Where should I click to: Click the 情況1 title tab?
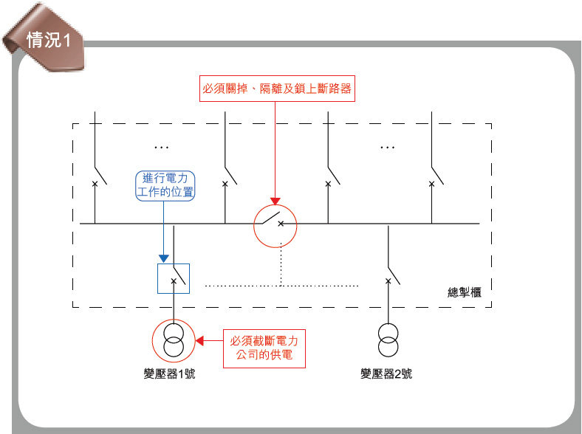pyautogui.click(x=46, y=41)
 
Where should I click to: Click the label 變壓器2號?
pyautogui.click(x=386, y=374)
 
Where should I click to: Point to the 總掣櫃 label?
pyautogui.click(x=465, y=292)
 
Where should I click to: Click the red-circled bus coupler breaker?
pyautogui.click(x=275, y=223)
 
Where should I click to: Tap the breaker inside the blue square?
pyautogui.click(x=174, y=279)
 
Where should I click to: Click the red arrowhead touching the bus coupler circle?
pyautogui.click(x=275, y=200)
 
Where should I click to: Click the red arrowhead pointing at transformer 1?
pyautogui.click(x=199, y=340)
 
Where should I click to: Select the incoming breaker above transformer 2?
pyautogui.click(x=388, y=277)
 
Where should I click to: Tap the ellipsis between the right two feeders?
pyautogui.click(x=387, y=147)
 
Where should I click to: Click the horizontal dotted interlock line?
pyautogui.click(x=281, y=285)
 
